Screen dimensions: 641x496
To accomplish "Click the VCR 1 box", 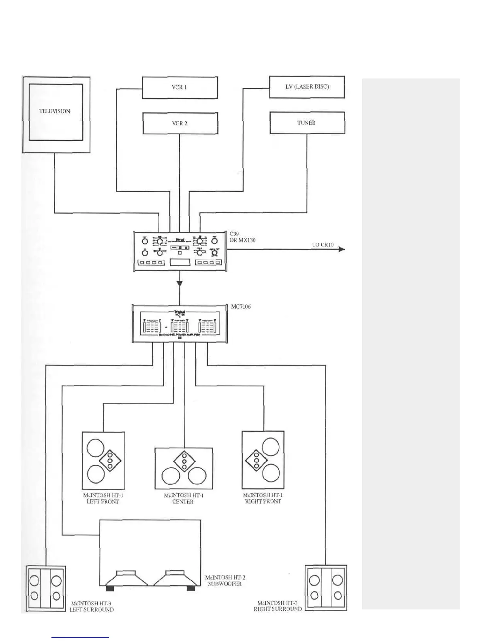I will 180,87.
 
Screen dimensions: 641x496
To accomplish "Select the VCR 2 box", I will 180,123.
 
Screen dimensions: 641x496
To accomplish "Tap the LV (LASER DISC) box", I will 307,87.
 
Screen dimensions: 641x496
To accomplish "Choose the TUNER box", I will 307,123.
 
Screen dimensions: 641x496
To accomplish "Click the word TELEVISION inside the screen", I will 55,111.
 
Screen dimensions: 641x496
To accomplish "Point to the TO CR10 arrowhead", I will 342,249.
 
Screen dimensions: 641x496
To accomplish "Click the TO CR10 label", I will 323,244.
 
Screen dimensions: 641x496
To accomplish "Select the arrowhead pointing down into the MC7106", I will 180,284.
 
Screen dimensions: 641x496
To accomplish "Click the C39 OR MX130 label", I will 242,237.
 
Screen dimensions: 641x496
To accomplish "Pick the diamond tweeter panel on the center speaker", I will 184,461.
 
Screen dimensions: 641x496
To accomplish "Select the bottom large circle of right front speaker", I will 271,473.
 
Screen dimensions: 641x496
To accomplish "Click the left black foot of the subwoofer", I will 110,588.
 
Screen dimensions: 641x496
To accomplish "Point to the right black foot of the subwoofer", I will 190,588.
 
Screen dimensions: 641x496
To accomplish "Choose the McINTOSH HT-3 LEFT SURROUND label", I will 91,607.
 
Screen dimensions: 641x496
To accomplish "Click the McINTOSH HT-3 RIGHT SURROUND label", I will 278,606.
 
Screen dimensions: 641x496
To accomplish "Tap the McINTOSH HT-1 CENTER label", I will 183,499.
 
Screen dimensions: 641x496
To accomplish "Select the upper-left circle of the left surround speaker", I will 35,581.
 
